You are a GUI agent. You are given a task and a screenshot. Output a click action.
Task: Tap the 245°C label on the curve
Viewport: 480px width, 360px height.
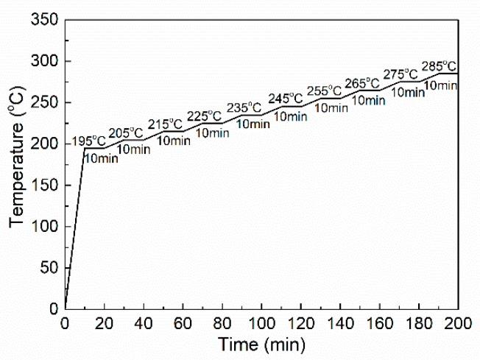click(285, 98)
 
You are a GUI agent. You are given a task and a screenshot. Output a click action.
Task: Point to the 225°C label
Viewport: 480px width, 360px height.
click(205, 116)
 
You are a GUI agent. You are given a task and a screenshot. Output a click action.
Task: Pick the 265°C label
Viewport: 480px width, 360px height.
click(365, 82)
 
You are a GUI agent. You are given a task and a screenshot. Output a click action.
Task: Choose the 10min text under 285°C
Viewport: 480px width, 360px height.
click(440, 85)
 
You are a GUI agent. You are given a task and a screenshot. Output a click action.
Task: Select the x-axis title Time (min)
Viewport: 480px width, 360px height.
click(261, 343)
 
